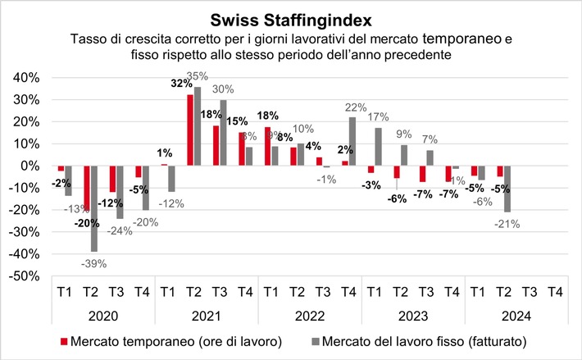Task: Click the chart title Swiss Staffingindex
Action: coord(291,17)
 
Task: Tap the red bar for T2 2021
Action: coord(190,130)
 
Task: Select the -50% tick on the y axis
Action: coord(25,276)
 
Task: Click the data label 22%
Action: coord(356,107)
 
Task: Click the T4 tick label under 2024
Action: coord(554,291)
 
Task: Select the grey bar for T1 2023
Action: coord(378,147)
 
